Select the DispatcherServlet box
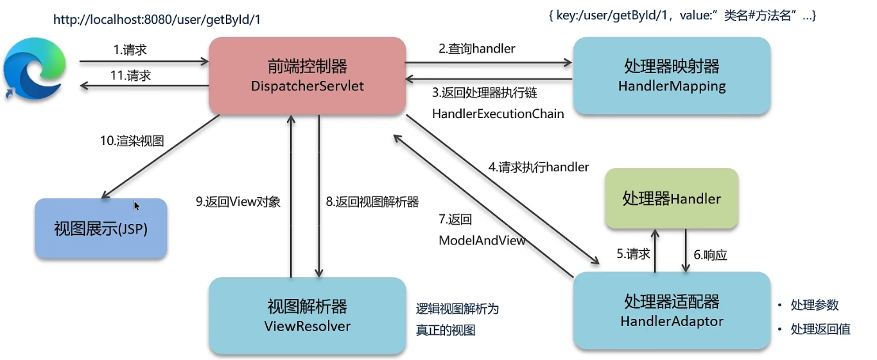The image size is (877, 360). click(308, 76)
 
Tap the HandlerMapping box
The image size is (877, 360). click(672, 76)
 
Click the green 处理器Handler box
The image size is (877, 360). click(672, 198)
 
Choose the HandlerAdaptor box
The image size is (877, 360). click(672, 311)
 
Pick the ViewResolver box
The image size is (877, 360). click(308, 316)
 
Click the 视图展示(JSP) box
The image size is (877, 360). click(101, 228)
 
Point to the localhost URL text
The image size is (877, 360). click(157, 19)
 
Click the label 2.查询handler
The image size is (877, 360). click(477, 48)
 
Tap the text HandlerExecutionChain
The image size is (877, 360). click(498, 114)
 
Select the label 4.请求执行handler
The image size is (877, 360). click(539, 167)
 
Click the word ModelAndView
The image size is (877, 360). click(482, 241)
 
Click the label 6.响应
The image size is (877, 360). click(710, 255)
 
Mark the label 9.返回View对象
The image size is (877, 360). click(238, 201)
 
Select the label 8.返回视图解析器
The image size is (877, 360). click(372, 201)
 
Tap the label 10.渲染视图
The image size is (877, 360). click(132, 141)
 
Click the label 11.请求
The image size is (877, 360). click(130, 75)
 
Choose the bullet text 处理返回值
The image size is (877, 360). click(821, 329)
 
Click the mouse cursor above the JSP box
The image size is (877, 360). click(137, 205)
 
